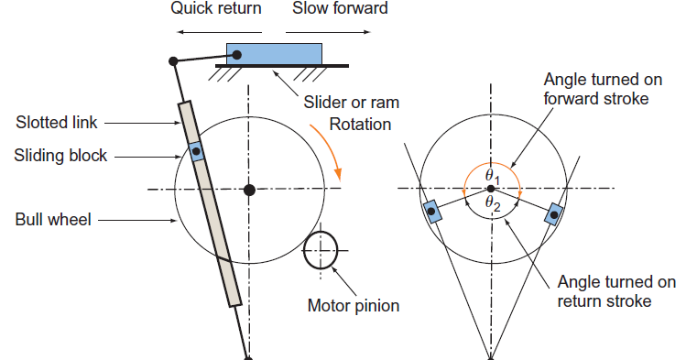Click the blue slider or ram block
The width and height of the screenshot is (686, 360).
coord(275,52)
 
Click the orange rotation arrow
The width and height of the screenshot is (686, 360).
coord(332,147)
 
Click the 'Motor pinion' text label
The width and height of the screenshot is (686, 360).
coord(353,305)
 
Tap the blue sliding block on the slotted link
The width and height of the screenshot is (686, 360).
coord(195,150)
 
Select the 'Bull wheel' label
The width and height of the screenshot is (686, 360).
coord(51,220)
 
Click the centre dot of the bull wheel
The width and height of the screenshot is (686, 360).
coord(249,190)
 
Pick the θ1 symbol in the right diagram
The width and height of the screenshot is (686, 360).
coord(491,175)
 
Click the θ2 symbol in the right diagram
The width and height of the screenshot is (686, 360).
coord(491,202)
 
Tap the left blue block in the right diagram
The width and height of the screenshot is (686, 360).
coord(430,213)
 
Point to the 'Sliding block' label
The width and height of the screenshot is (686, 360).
coord(60,155)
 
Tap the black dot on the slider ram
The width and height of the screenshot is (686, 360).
coord(236,55)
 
